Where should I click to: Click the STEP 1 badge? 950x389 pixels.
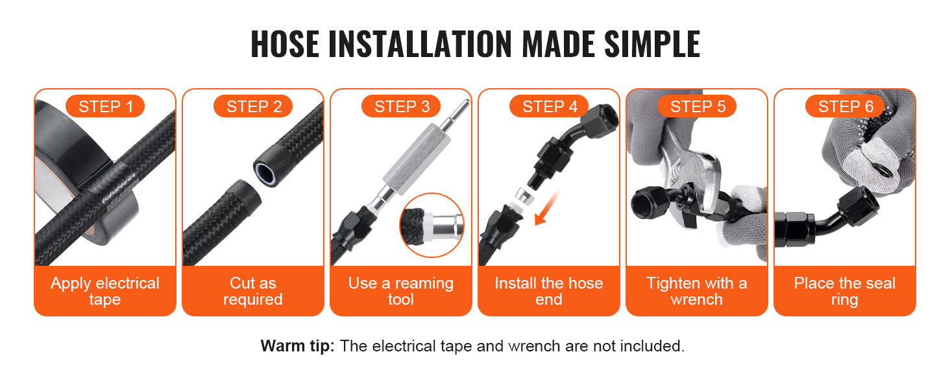point(105,106)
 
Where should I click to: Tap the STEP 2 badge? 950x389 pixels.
point(253,106)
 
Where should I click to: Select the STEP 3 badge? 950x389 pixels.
point(401,106)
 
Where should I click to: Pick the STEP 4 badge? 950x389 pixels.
point(549,106)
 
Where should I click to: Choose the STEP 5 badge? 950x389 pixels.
point(697,106)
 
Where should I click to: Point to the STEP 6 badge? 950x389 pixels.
point(846,106)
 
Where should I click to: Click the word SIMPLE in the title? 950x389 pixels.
point(652,44)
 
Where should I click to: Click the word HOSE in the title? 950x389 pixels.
point(285,44)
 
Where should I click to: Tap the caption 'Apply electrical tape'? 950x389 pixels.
point(105,290)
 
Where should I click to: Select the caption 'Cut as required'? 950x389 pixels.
point(253,290)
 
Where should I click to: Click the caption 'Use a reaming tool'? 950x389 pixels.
point(401,290)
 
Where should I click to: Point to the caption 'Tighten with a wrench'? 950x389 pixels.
point(697,290)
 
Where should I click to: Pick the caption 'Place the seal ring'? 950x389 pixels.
point(845,290)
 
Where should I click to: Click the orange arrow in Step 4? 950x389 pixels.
point(546,209)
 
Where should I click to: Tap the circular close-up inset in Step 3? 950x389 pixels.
point(432,225)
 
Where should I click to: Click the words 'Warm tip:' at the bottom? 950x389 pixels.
point(297,346)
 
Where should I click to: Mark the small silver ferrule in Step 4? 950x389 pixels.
point(523,196)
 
